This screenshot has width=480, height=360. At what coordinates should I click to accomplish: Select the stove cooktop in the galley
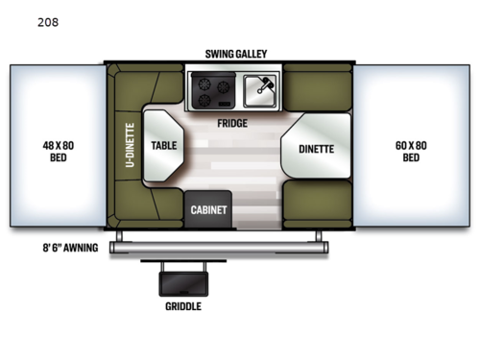tap(213, 92)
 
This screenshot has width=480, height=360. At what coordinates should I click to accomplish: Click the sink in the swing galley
tap(258, 92)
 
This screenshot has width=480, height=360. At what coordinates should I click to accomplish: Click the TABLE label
tap(162, 147)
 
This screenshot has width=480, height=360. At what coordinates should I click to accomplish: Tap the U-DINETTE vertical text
tap(130, 146)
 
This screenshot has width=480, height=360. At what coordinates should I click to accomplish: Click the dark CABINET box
tap(208, 208)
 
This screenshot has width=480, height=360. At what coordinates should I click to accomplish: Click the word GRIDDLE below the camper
tap(182, 307)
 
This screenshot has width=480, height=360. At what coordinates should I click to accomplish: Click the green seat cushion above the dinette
tap(316, 90)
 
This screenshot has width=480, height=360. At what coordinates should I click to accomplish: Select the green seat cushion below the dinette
tap(317, 207)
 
